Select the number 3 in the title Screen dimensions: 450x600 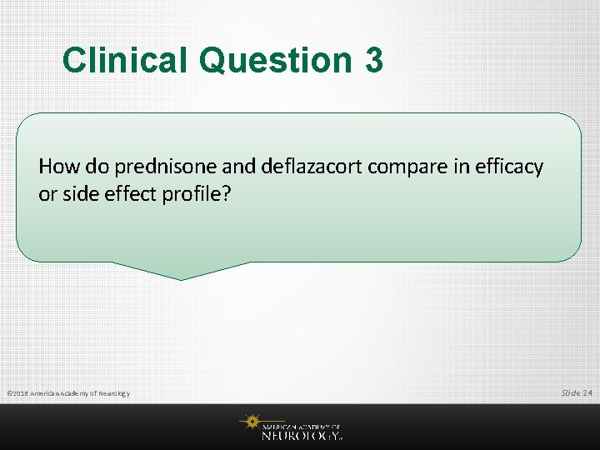(x=373, y=60)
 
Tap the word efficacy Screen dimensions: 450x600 (x=512, y=167)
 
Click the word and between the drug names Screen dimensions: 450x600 (x=242, y=167)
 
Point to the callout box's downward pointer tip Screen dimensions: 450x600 (x=181, y=278)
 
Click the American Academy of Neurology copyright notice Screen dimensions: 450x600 (x=67, y=393)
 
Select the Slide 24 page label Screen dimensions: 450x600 (x=577, y=392)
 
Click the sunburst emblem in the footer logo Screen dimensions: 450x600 (x=251, y=423)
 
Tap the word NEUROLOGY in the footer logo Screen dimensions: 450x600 (x=301, y=434)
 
